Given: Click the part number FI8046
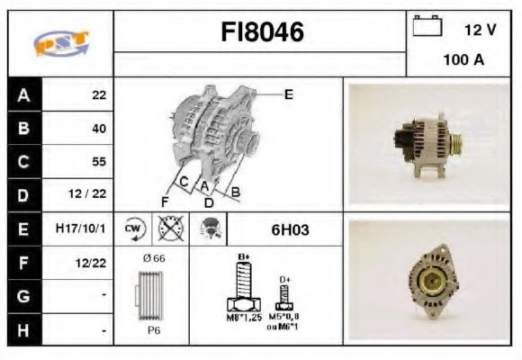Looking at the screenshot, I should pyautogui.click(x=263, y=33).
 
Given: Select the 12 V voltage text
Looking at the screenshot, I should pyautogui.click(x=480, y=30).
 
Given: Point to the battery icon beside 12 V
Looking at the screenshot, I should pyautogui.click(x=425, y=28).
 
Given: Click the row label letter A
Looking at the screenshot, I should pyautogui.click(x=22, y=94).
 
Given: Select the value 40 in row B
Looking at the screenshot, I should pyautogui.click(x=99, y=129).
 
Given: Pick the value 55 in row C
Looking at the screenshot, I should pyautogui.click(x=99, y=162).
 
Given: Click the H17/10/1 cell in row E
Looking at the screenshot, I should pyautogui.click(x=80, y=229).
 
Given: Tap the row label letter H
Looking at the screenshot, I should pyautogui.click(x=22, y=329).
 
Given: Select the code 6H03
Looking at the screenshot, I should pyautogui.click(x=290, y=229).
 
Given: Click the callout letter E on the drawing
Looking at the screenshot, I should pyautogui.click(x=288, y=94).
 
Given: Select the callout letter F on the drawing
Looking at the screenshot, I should pyautogui.click(x=164, y=200).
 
